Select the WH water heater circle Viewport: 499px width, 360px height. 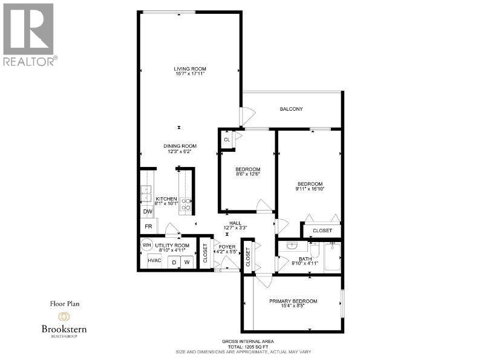(x=147, y=246)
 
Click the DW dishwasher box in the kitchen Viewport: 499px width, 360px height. (x=147, y=212)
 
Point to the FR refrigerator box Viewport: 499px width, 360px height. (x=148, y=226)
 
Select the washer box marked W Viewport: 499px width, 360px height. (x=188, y=262)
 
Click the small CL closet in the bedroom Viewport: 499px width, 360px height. (x=227, y=139)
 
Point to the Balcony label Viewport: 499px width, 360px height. (x=291, y=109)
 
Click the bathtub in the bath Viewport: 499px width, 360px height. (x=332, y=257)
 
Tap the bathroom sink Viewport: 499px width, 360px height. (x=292, y=247)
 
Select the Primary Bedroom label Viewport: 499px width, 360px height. (x=293, y=301)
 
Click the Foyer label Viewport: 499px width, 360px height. (x=227, y=247)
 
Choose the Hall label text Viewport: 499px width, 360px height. (x=227, y=223)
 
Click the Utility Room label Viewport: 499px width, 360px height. (x=172, y=246)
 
